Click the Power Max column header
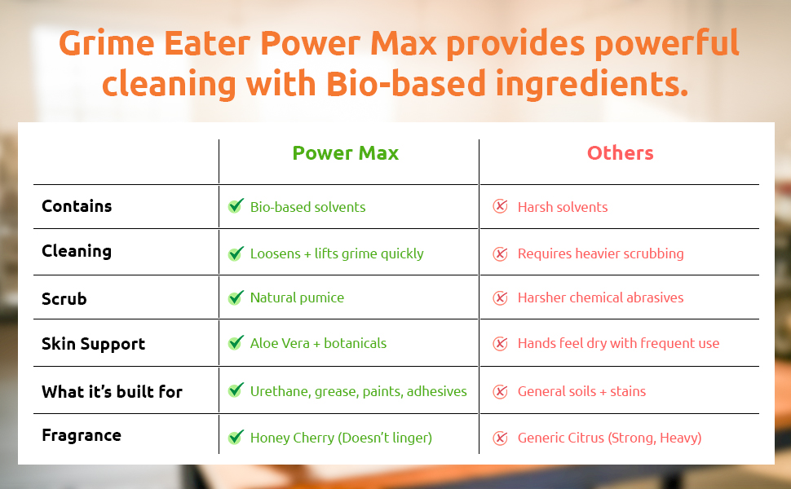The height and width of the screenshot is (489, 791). pyautogui.click(x=346, y=152)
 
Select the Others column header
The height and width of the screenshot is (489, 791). pyautogui.click(x=620, y=152)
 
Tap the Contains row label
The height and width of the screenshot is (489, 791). pyautogui.click(x=77, y=206)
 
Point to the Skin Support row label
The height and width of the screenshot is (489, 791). pyautogui.click(x=93, y=344)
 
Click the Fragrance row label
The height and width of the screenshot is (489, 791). pyautogui.click(x=82, y=435)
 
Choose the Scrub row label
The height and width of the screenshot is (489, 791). pyautogui.click(x=64, y=298)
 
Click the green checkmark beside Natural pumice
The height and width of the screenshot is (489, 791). pyautogui.click(x=236, y=297)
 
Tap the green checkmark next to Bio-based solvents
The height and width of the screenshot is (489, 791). pyautogui.click(x=236, y=205)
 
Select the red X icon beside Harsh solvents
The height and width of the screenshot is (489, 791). pyautogui.click(x=500, y=206)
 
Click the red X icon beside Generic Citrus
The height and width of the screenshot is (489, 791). pyautogui.click(x=500, y=438)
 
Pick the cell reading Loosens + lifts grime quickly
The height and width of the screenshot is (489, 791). pyautogui.click(x=337, y=253)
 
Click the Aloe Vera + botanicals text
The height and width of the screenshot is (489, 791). pyautogui.click(x=318, y=343)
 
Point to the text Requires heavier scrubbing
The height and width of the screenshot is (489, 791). pyautogui.click(x=601, y=253)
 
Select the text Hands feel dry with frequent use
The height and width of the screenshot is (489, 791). pyautogui.click(x=618, y=343)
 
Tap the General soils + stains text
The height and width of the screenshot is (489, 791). pyautogui.click(x=581, y=391)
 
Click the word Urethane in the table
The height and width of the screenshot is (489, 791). pyautogui.click(x=281, y=392)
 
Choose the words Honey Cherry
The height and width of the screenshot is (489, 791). pyautogui.click(x=292, y=438)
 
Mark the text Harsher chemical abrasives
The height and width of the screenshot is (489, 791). pyautogui.click(x=601, y=298)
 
